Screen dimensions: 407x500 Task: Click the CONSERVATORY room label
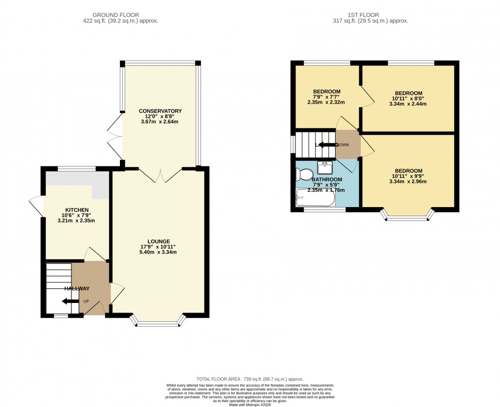(x=160, y=111)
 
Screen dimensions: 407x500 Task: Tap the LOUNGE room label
(x=159, y=241)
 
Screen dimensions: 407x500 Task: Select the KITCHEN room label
(x=77, y=210)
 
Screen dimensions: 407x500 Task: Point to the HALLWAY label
(x=77, y=289)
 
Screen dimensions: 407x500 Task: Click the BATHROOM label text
(x=327, y=180)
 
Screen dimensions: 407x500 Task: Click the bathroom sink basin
(x=325, y=167)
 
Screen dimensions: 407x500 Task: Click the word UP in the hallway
(x=86, y=301)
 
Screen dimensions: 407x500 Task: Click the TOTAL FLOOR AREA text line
(x=249, y=379)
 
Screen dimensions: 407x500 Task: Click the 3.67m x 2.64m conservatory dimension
(x=160, y=122)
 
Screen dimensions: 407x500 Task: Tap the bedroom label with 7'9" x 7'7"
(x=327, y=92)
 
